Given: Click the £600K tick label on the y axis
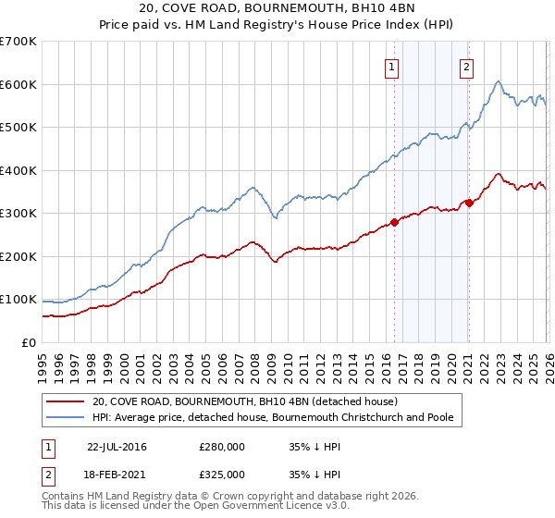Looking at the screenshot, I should pyautogui.click(x=18, y=84).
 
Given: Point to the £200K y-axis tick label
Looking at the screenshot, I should pyautogui.click(x=18, y=256).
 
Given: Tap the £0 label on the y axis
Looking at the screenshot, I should pyautogui.click(x=30, y=342).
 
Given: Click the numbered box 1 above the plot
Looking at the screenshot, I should pyautogui.click(x=392, y=67).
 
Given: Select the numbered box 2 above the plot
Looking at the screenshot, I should pyautogui.click(x=467, y=67).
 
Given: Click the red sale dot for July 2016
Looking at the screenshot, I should pyautogui.click(x=394, y=222).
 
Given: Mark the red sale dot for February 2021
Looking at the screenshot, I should pyautogui.click(x=469, y=203).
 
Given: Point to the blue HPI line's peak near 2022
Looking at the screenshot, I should pyautogui.click(x=498, y=82).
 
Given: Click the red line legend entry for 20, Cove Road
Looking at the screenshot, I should pyautogui.click(x=244, y=401).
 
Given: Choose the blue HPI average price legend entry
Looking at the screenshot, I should pyautogui.click(x=272, y=417).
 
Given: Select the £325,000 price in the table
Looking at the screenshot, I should pyautogui.click(x=222, y=473).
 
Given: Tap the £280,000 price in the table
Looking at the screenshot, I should pyautogui.click(x=222, y=447).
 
